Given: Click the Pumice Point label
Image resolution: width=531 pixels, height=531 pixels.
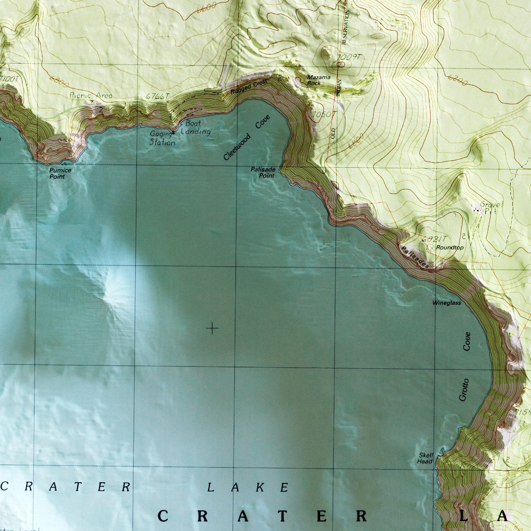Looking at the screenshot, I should click(x=60, y=173).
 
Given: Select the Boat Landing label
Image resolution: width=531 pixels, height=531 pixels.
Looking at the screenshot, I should click(x=196, y=127).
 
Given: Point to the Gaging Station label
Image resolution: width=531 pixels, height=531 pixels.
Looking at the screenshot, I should click(x=162, y=138).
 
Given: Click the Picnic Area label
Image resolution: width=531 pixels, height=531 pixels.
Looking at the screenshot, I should click(x=91, y=95).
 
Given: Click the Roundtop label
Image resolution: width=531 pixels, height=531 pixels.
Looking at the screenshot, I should click(x=450, y=248).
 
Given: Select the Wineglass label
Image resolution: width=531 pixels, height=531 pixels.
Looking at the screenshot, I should click(x=447, y=303).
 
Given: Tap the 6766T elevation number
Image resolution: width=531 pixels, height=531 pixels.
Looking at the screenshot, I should click(x=158, y=96).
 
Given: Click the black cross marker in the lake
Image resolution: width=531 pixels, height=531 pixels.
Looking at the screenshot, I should click(x=212, y=329).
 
